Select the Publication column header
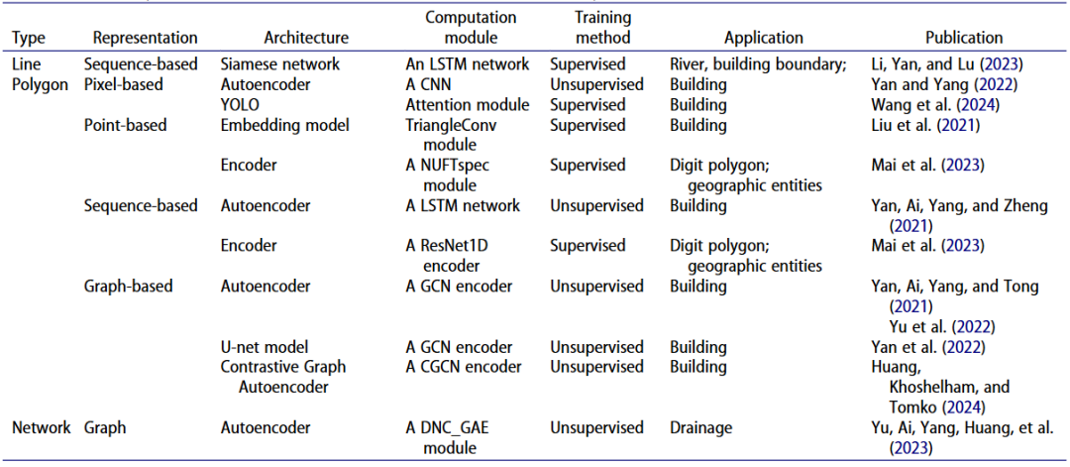[x=964, y=38]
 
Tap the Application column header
[x=764, y=39]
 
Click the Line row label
[x=25, y=65]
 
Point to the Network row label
[x=41, y=428]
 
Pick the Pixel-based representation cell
[x=122, y=85]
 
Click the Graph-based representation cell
[x=128, y=287]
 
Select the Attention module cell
[x=468, y=105]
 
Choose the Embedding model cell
[x=275, y=126]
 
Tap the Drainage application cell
[x=700, y=428]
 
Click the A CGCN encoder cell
[x=464, y=367]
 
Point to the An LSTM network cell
[x=468, y=65]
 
